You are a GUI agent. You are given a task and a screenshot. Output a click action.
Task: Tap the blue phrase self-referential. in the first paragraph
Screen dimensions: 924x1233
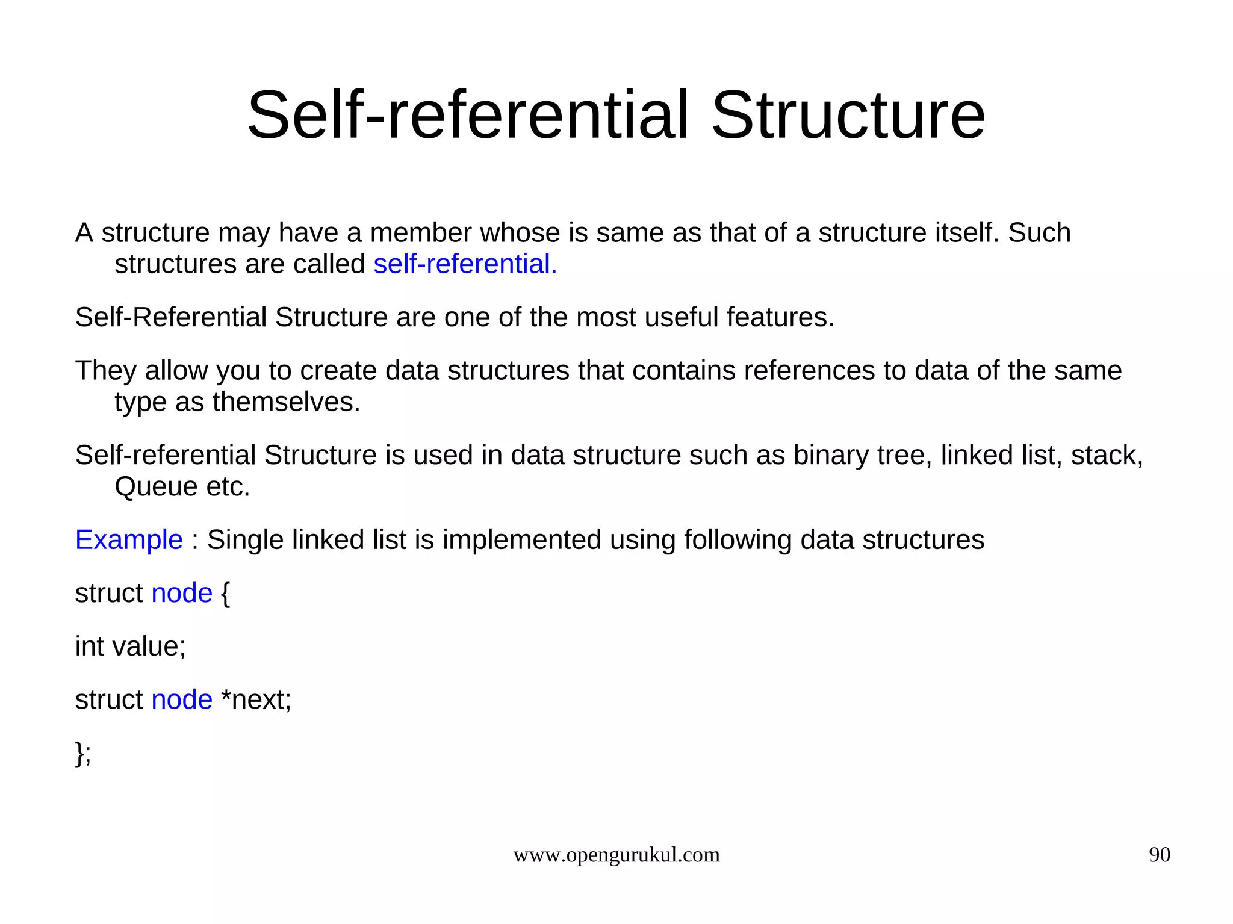click(x=465, y=264)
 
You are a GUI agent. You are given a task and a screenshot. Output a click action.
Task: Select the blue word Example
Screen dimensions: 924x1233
click(x=129, y=540)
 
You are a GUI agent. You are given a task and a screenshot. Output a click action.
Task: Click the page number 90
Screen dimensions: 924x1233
click(x=1159, y=855)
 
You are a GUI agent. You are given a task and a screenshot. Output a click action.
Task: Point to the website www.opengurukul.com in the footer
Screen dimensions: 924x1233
click(x=616, y=855)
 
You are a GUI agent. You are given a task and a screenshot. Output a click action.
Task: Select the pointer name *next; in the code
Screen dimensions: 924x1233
click(x=256, y=700)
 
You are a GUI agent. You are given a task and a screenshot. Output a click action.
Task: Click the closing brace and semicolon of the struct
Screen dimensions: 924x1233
click(x=83, y=753)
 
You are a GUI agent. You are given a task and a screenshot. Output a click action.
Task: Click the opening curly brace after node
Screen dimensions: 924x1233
click(x=225, y=594)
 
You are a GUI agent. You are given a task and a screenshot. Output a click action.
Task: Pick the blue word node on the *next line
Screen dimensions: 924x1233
click(x=182, y=700)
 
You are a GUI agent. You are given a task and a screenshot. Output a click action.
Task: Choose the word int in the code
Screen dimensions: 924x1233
click(x=89, y=646)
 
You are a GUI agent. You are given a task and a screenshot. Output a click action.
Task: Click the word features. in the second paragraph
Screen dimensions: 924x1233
click(x=780, y=317)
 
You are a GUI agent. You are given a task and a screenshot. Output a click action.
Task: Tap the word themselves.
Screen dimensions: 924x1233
click(x=286, y=402)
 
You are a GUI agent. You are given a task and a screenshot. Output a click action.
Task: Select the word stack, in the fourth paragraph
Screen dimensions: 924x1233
click(x=1107, y=456)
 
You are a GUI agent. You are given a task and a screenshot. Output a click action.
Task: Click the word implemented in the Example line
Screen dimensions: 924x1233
click(x=521, y=540)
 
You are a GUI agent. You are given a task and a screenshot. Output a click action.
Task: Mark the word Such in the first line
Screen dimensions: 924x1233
click(x=1039, y=233)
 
